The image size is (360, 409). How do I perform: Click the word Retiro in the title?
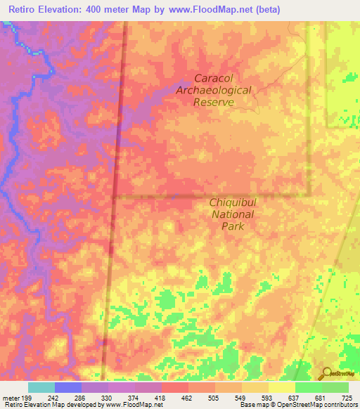25,9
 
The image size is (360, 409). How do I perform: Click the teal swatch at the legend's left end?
41,387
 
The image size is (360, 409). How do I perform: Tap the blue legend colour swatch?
68,387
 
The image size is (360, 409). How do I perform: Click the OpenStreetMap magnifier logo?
328,375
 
